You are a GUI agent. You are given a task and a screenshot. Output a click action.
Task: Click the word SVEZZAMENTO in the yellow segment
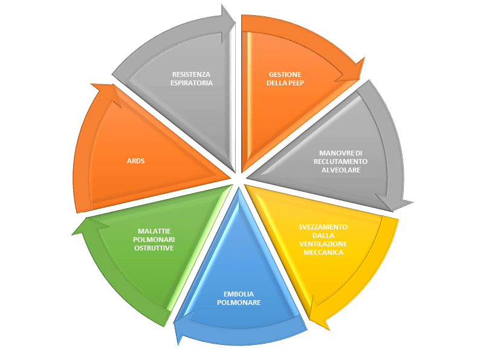(323, 226)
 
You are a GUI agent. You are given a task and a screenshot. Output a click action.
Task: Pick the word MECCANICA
(323, 252)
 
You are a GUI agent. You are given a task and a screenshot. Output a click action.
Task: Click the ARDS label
(135, 162)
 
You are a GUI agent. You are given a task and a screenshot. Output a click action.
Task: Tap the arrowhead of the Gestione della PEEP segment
(355, 68)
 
